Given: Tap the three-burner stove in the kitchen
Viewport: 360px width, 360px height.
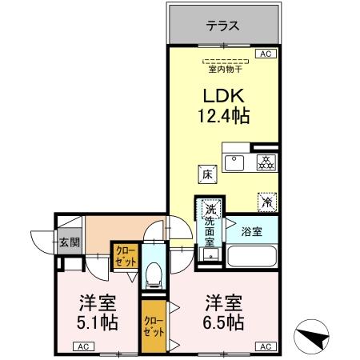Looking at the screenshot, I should [x=265, y=162].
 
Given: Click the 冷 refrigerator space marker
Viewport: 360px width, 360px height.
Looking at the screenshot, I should [x=265, y=202].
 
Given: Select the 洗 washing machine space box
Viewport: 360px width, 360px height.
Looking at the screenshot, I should [x=210, y=205].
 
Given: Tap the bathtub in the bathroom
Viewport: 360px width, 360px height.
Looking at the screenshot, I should [x=252, y=256].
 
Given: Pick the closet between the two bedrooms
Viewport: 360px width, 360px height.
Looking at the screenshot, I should [x=150, y=326].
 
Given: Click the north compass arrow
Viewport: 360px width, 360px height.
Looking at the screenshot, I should [x=314, y=337].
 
